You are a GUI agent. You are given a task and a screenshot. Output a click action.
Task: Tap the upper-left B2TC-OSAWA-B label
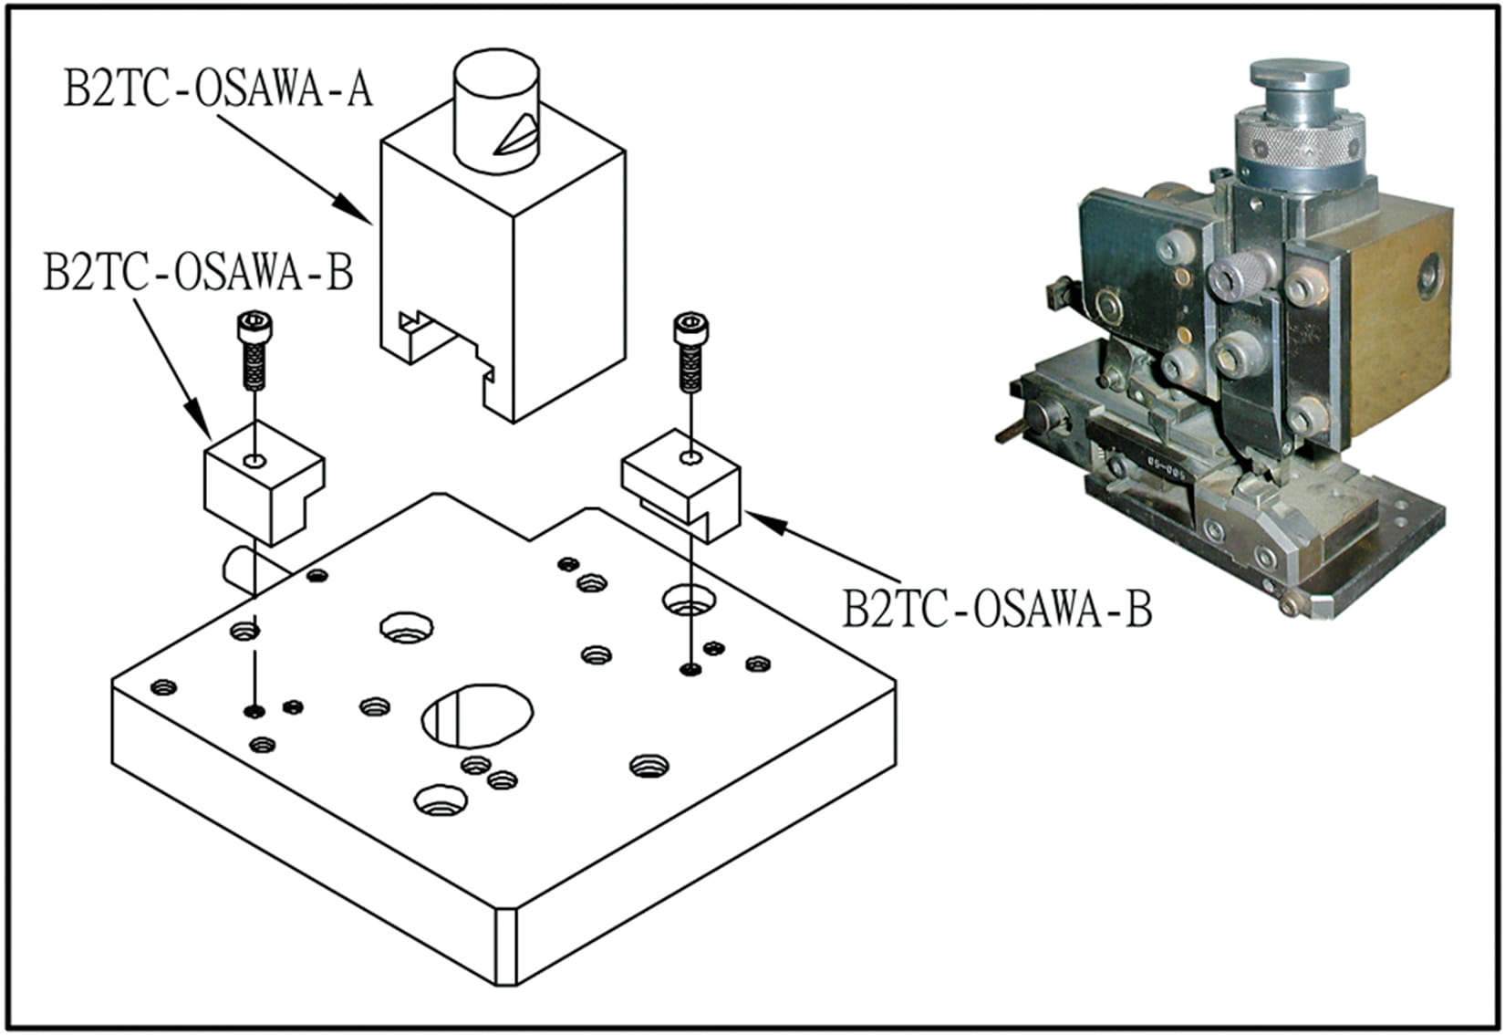[198, 272]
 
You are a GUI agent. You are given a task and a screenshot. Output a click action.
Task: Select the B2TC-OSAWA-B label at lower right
[996, 609]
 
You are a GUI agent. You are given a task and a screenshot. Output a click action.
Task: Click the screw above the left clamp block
[253, 350]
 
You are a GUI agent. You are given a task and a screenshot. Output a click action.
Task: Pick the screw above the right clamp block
[690, 351]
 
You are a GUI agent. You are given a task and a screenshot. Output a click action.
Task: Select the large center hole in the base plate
[477, 713]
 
